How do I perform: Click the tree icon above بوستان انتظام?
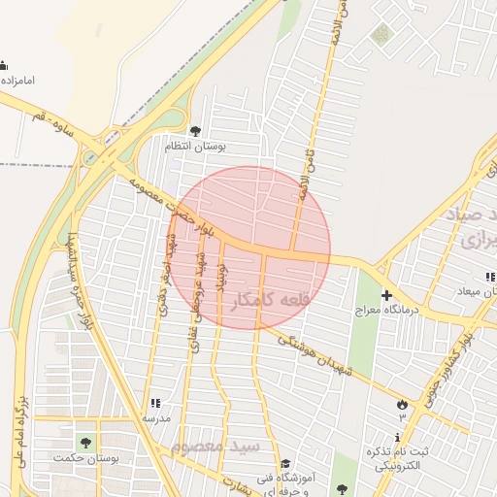[x=196, y=130]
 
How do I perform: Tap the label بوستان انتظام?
[x=195, y=147]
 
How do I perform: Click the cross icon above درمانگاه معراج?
[x=386, y=294]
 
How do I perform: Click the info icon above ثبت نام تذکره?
[x=396, y=438]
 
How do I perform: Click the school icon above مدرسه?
[x=154, y=402]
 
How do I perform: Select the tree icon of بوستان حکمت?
[x=85, y=444]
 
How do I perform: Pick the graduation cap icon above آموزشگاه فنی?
[x=284, y=464]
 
